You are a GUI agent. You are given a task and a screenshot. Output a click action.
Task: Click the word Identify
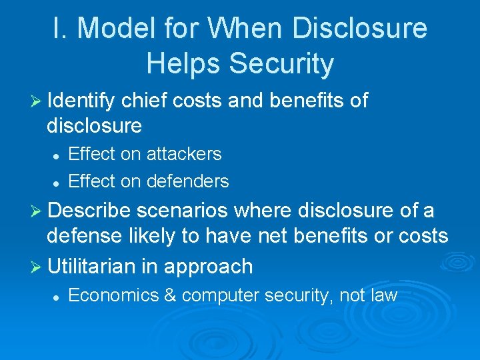click(x=83, y=101)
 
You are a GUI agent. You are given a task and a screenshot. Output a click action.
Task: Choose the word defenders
click(x=187, y=181)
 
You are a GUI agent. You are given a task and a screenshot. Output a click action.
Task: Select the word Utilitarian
click(x=93, y=267)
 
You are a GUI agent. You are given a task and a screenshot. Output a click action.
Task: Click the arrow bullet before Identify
click(x=39, y=101)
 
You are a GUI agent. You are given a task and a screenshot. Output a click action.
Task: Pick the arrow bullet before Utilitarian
click(x=39, y=267)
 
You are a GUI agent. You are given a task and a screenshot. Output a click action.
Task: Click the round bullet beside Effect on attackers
click(x=57, y=155)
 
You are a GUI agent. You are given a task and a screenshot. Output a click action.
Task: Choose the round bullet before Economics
click(x=57, y=296)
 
